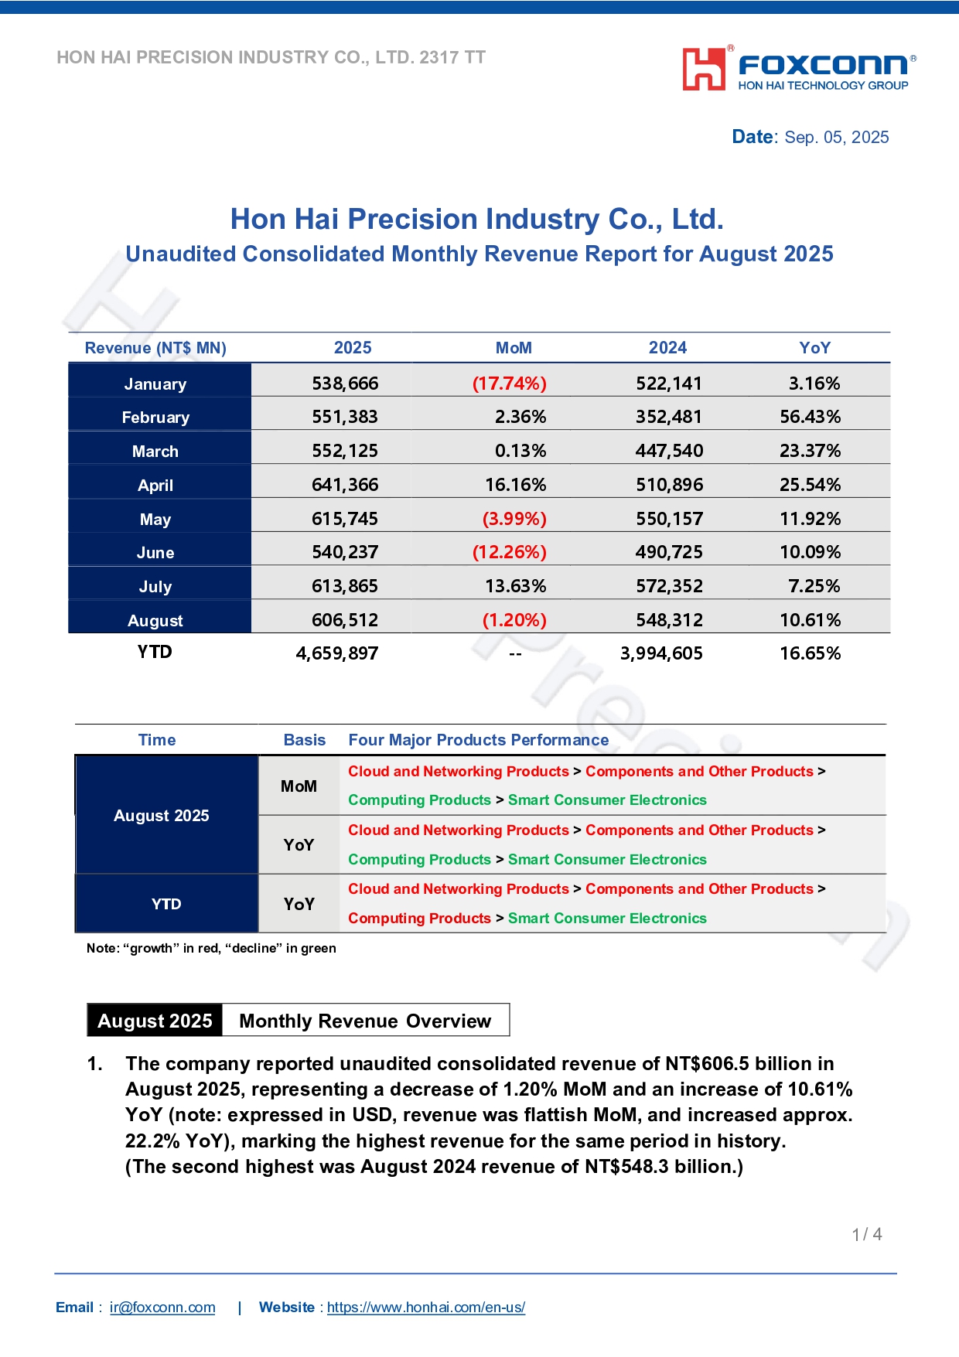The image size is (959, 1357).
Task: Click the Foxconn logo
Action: coord(799,69)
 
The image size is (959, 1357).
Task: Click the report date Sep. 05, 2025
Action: coord(837,138)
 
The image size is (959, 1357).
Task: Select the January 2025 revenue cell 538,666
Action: coord(345,384)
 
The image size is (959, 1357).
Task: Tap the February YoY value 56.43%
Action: coord(810,417)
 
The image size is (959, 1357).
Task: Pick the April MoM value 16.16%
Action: coord(516,485)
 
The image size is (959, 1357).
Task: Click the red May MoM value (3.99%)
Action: coord(514,519)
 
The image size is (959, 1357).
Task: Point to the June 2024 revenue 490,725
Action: coord(670,552)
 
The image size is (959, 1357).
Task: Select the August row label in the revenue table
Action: coord(155,621)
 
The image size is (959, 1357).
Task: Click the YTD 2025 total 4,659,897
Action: coord(337,654)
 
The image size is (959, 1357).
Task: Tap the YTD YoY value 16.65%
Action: coord(810,653)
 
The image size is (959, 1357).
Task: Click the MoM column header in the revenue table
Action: coord(514,348)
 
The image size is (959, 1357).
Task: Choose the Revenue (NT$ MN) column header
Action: coord(155,348)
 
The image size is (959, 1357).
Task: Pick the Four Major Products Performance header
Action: coord(479,740)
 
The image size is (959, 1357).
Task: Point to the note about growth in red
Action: coord(211,948)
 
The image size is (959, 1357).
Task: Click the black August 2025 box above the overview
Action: coord(155,1021)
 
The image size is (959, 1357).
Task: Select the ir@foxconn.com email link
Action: coord(162,1308)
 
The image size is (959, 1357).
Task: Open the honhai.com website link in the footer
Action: coord(426,1308)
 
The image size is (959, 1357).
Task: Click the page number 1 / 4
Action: coord(867,1235)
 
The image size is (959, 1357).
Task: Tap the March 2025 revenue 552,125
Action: coord(345,451)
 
